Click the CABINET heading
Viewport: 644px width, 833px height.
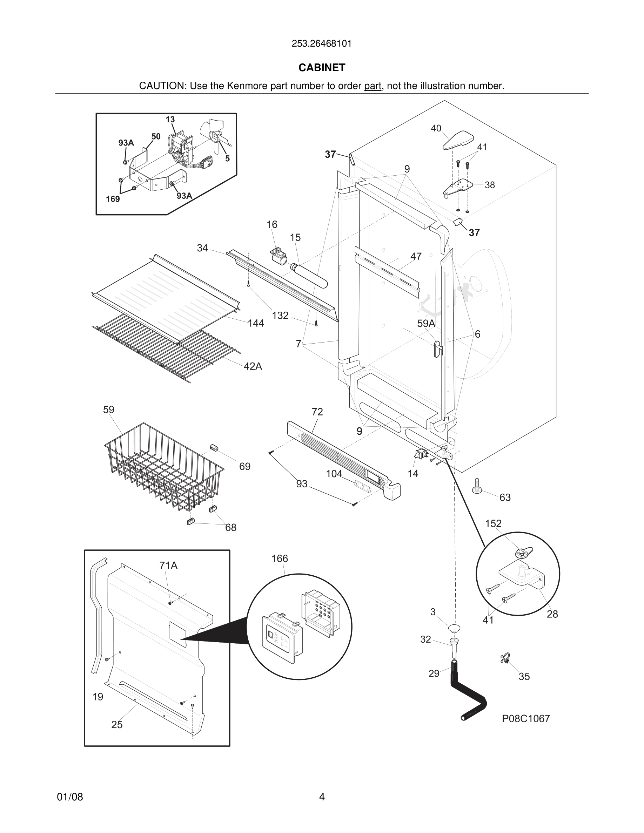tap(322, 68)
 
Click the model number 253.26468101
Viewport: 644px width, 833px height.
tap(322, 43)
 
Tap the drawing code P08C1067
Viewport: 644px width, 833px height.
tap(526, 719)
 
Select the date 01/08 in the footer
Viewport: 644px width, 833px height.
tap(70, 797)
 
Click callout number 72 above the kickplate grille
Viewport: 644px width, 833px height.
tap(317, 412)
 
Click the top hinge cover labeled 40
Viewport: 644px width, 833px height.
tap(458, 140)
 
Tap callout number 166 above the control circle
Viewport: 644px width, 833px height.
tap(280, 559)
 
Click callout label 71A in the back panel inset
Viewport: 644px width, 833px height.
tap(168, 566)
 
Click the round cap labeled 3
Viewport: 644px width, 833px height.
tap(454, 628)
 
